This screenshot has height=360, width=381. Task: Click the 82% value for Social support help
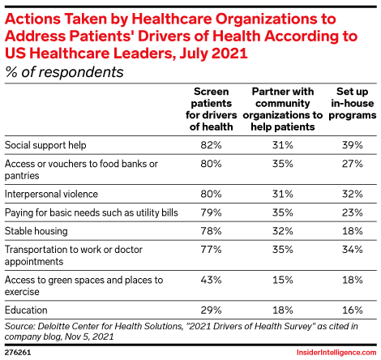211,145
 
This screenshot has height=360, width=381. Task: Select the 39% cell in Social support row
353,145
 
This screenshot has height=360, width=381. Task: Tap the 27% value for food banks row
353,164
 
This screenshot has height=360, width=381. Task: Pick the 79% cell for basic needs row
211,212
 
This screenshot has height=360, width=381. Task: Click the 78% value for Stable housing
211,231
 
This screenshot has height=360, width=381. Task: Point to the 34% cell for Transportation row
353,249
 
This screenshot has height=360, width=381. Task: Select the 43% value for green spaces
211,280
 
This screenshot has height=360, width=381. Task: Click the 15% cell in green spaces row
283,280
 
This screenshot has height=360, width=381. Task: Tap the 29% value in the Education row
211,310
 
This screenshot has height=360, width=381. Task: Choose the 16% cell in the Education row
353,310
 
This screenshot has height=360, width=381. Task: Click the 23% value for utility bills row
353,212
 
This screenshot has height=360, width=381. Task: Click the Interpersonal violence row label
51,194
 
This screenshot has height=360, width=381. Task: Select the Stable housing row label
36,231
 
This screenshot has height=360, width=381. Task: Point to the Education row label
26,310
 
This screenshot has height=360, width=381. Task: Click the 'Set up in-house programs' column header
353,103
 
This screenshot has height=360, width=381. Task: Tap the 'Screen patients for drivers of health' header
211,109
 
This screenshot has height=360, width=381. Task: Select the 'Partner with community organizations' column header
283,109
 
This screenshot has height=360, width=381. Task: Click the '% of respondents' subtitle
64,72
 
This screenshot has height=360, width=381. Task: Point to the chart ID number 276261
18,353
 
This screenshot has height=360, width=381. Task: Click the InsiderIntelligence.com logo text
336,353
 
